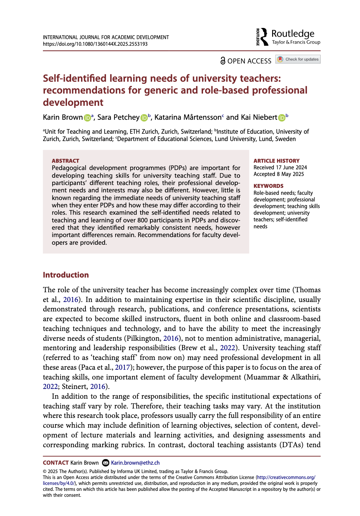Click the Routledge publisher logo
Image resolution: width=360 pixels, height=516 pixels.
click(288, 37)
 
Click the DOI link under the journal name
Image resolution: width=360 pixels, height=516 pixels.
click(95, 44)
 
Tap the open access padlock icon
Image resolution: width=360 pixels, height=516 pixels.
click(223, 61)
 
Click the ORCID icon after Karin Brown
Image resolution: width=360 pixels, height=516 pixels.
click(87, 118)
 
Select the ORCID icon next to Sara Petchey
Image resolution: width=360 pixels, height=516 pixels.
click(144, 118)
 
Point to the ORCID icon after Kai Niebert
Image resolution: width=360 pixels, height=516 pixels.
click(282, 118)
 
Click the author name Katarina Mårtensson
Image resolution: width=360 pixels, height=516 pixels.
click(188, 117)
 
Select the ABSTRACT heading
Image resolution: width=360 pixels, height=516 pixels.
click(66, 161)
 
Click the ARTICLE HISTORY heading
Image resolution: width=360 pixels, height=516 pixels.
click(276, 161)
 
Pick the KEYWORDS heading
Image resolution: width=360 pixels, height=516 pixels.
click(268, 186)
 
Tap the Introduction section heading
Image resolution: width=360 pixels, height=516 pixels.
click(66, 275)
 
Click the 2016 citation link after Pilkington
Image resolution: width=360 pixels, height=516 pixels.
click(171, 338)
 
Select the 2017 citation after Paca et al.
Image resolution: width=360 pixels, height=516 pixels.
click(122, 367)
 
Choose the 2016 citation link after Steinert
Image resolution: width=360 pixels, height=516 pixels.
click(98, 386)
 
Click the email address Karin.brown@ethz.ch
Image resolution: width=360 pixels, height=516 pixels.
click(135, 463)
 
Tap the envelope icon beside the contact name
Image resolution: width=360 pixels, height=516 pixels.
click(105, 463)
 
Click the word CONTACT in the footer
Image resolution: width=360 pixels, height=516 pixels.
click(56, 463)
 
